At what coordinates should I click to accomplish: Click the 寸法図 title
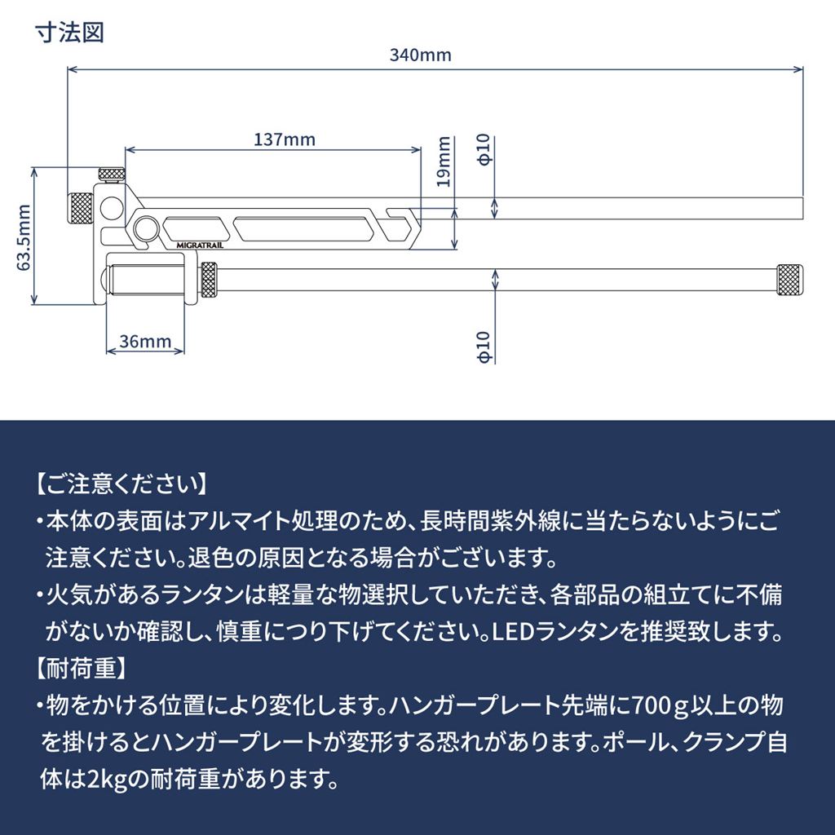[x=69, y=34]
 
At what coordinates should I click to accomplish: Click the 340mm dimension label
[x=420, y=55]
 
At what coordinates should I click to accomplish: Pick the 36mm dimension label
[x=145, y=340]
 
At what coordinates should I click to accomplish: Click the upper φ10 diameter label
[x=484, y=150]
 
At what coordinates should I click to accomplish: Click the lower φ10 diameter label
[x=484, y=347]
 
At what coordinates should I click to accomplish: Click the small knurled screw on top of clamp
[x=111, y=173]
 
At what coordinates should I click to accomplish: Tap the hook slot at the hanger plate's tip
[x=401, y=216]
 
